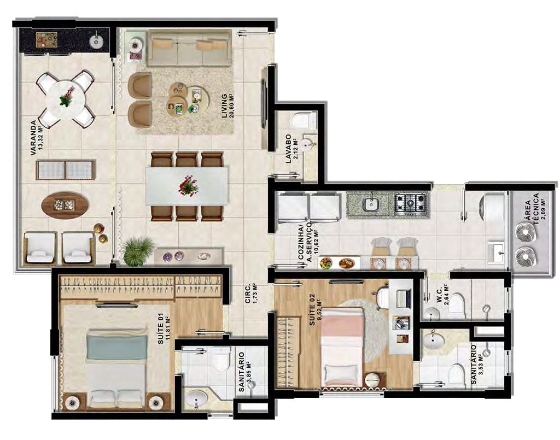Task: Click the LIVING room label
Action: (224, 106)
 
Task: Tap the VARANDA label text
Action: (33, 138)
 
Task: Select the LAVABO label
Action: (289, 149)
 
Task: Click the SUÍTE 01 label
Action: (161, 329)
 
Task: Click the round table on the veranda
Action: (66, 99)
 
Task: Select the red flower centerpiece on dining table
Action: (188, 185)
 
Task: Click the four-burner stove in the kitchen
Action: (411, 204)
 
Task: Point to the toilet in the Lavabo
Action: (302, 120)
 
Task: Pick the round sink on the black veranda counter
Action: (95, 42)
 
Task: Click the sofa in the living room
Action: (189, 48)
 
